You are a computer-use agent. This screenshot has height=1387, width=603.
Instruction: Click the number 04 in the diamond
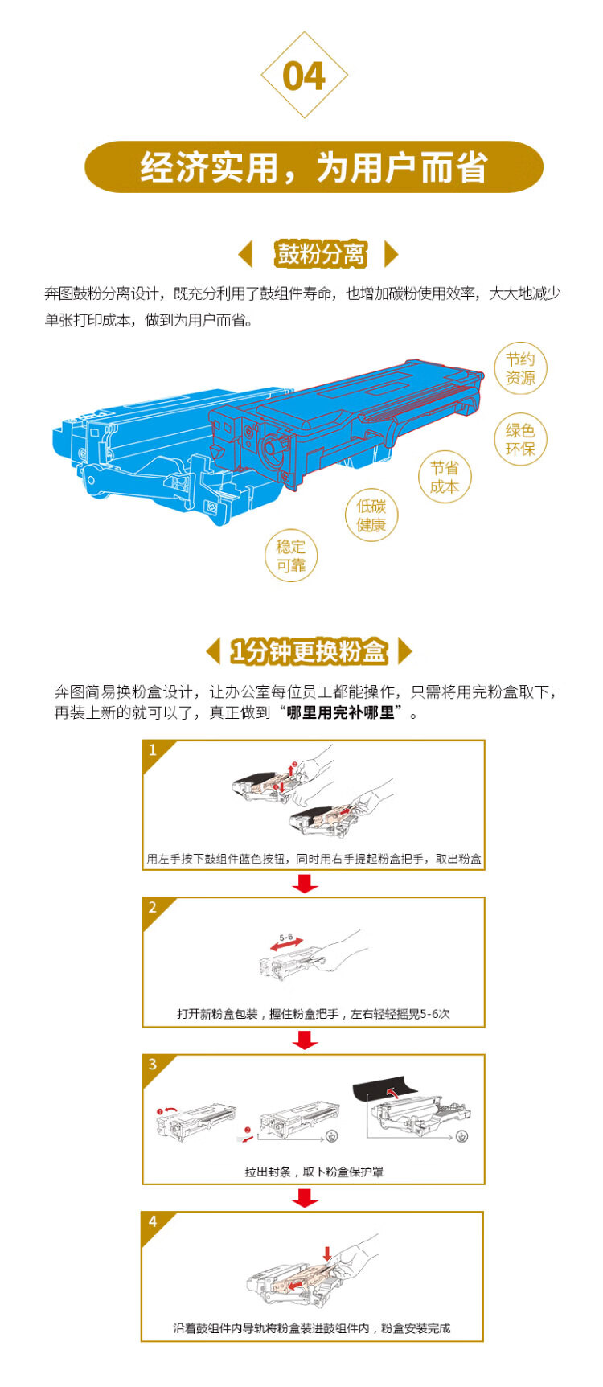tap(304, 76)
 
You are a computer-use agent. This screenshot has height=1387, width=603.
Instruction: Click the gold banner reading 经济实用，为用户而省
tap(314, 167)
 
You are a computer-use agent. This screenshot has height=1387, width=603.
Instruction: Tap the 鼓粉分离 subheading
tap(321, 254)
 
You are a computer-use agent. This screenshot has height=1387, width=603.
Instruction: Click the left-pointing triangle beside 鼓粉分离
tap(246, 254)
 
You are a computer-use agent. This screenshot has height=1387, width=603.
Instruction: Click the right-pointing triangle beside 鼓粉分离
tap(392, 254)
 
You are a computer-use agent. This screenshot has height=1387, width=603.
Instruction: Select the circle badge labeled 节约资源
tap(520, 368)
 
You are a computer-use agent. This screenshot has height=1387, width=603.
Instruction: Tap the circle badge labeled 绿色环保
tap(520, 440)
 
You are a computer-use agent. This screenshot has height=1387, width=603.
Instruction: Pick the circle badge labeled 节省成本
tap(445, 477)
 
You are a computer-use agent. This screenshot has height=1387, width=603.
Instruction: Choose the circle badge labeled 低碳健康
tap(371, 515)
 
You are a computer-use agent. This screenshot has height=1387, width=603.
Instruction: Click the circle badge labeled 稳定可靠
tap(291, 556)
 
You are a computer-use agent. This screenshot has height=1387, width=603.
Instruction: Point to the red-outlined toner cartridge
tap(346, 422)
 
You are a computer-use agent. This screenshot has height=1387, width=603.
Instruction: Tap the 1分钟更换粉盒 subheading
tap(309, 651)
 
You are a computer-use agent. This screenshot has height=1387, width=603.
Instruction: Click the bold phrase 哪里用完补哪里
tap(341, 713)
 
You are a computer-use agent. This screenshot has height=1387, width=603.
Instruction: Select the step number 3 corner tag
tap(154, 1066)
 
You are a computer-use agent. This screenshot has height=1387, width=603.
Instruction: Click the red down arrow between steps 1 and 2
tap(306, 884)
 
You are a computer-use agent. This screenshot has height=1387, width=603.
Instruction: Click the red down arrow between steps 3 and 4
tap(306, 1198)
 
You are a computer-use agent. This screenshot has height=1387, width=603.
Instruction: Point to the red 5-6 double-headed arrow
tap(286, 946)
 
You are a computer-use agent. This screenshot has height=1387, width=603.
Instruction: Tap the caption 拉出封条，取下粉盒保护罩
tap(314, 1172)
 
